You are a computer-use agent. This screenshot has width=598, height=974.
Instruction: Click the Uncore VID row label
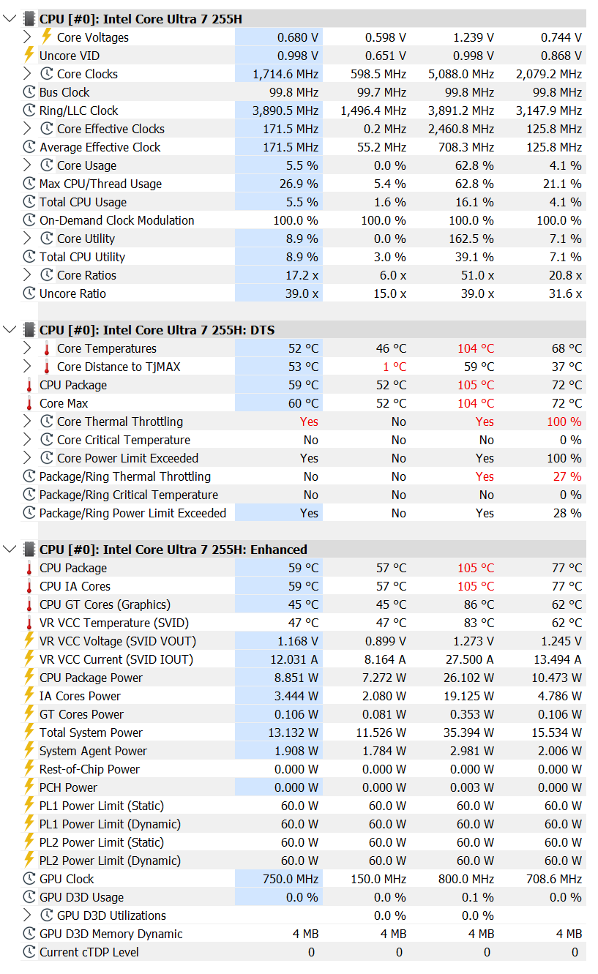click(x=69, y=56)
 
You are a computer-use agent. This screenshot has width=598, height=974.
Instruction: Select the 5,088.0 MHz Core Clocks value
click(x=461, y=74)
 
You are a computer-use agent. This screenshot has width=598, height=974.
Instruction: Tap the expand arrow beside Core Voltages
click(x=27, y=37)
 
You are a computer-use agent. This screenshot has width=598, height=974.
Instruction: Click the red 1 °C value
click(x=395, y=367)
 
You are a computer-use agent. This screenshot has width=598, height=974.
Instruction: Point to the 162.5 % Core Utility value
click(x=471, y=239)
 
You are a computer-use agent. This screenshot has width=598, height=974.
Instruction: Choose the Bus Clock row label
click(x=64, y=92)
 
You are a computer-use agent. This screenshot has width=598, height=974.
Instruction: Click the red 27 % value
click(x=567, y=476)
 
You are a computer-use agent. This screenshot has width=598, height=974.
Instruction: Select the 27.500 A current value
click(x=470, y=659)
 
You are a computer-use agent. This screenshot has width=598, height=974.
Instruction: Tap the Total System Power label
click(x=91, y=733)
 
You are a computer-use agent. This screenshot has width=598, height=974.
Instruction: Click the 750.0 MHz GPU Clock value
click(x=291, y=879)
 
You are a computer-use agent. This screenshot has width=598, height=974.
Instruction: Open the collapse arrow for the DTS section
click(x=10, y=329)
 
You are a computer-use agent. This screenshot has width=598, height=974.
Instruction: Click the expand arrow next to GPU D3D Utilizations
click(x=27, y=915)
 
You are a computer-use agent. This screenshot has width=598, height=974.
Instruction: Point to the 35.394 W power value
click(x=468, y=733)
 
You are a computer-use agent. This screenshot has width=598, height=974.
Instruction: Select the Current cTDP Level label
click(x=89, y=952)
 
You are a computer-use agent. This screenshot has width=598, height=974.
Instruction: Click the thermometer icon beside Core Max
click(x=29, y=403)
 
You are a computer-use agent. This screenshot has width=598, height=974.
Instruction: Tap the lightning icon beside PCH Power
click(x=29, y=787)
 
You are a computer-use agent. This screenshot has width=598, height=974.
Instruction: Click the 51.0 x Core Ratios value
click(x=477, y=275)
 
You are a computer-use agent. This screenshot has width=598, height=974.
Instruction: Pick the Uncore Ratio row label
click(x=72, y=293)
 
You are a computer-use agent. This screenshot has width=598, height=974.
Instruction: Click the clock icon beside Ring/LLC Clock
click(x=29, y=110)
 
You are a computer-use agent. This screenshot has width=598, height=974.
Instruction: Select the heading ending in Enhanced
click(x=173, y=550)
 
